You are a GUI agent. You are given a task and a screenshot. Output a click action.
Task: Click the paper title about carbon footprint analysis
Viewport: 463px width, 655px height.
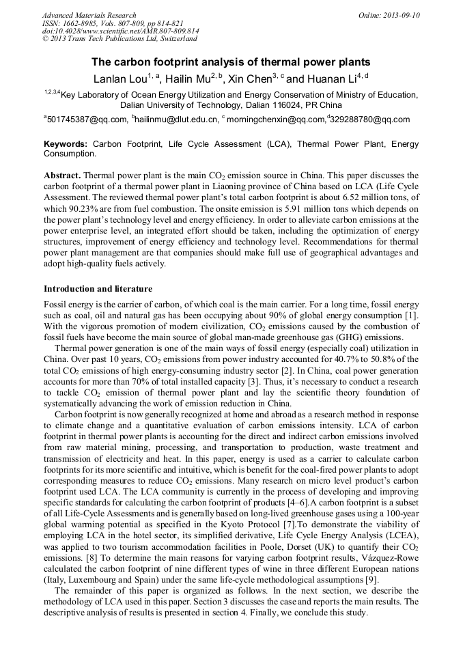pos(231,61)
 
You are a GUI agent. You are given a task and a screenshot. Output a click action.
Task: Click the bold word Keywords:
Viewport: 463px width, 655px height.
pos(66,144)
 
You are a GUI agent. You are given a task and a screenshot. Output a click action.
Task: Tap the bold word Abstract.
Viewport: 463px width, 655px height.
pos(61,175)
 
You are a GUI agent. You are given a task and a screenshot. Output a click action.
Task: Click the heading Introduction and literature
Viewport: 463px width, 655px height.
pos(98,288)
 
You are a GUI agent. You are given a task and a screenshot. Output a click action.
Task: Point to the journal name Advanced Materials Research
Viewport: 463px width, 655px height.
pos(89,15)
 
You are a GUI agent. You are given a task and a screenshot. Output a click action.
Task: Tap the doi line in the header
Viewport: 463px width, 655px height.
pos(120,31)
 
